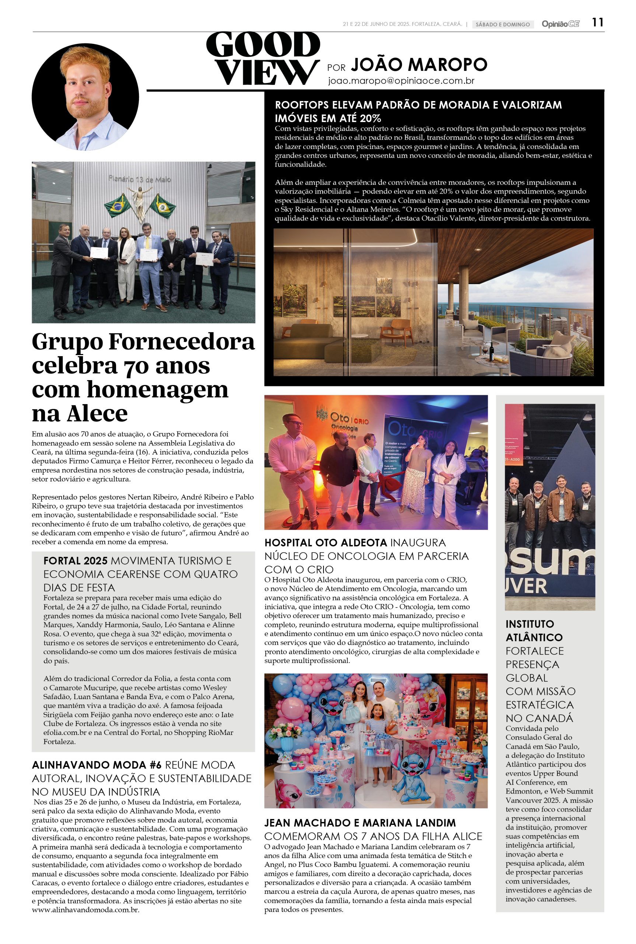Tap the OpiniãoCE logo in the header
[560, 24]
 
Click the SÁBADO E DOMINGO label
[503, 24]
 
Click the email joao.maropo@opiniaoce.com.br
[401, 81]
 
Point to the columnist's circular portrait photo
[85, 97]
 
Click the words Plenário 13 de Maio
[140, 179]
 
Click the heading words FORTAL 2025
[75, 560]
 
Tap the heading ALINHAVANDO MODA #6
[97, 765]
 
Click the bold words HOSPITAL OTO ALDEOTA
[326, 543]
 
